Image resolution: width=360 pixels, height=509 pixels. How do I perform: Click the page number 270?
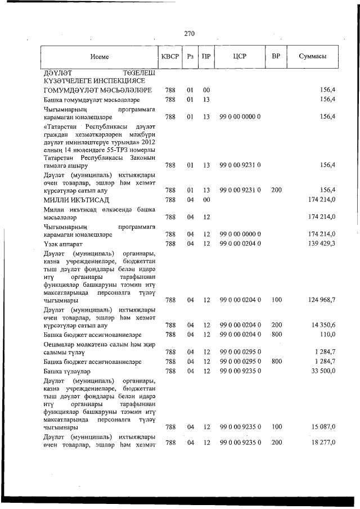[190, 33]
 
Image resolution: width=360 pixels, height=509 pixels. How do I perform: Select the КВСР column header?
[170, 57]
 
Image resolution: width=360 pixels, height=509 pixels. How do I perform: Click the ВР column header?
[276, 57]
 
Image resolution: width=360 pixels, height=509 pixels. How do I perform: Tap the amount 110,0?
[327, 334]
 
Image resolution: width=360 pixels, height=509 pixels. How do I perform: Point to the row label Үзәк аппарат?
[63, 243]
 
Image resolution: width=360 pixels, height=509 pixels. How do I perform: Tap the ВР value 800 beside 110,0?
[276, 334]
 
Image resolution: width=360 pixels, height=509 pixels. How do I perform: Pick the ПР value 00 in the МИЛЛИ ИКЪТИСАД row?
[206, 200]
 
